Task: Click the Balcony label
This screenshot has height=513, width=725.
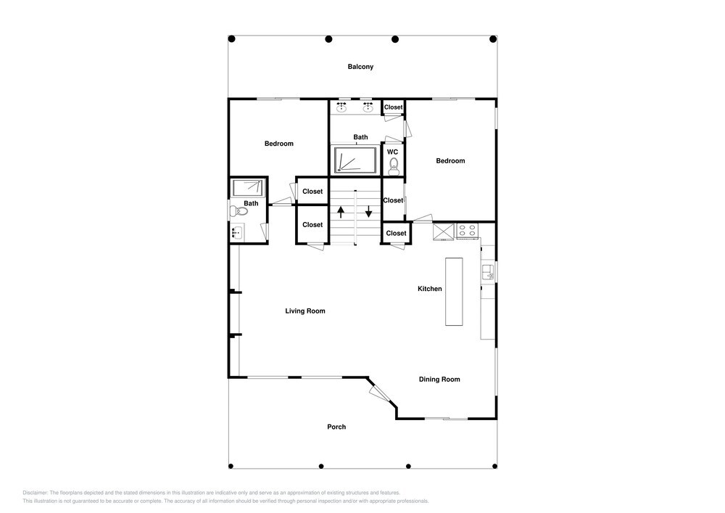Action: pos(360,67)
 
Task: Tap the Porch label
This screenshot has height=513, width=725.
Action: pos(336,427)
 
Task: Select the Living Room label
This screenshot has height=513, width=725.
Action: pos(304,311)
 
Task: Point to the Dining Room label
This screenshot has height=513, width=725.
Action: pos(439,379)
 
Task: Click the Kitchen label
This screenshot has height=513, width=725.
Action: pos(429,289)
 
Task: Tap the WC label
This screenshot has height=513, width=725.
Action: pos(392,152)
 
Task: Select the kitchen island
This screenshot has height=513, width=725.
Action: pos(454,292)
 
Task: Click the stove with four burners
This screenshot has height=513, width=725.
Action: pos(467,230)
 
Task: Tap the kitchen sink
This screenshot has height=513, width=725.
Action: pos(488,272)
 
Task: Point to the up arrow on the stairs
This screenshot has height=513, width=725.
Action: pos(341,213)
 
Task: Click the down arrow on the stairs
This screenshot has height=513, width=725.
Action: pos(368,212)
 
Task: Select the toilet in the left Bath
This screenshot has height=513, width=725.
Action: pos(239,211)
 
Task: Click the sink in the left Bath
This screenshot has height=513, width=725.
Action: pos(237,233)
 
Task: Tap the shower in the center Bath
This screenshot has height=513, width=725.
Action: pos(355,160)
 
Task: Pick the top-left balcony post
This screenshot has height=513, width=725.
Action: pos(232,39)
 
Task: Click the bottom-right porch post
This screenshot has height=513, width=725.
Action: pos(494,467)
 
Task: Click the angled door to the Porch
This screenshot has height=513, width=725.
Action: pos(380,395)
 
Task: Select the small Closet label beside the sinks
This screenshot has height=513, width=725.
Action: pos(393,107)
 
